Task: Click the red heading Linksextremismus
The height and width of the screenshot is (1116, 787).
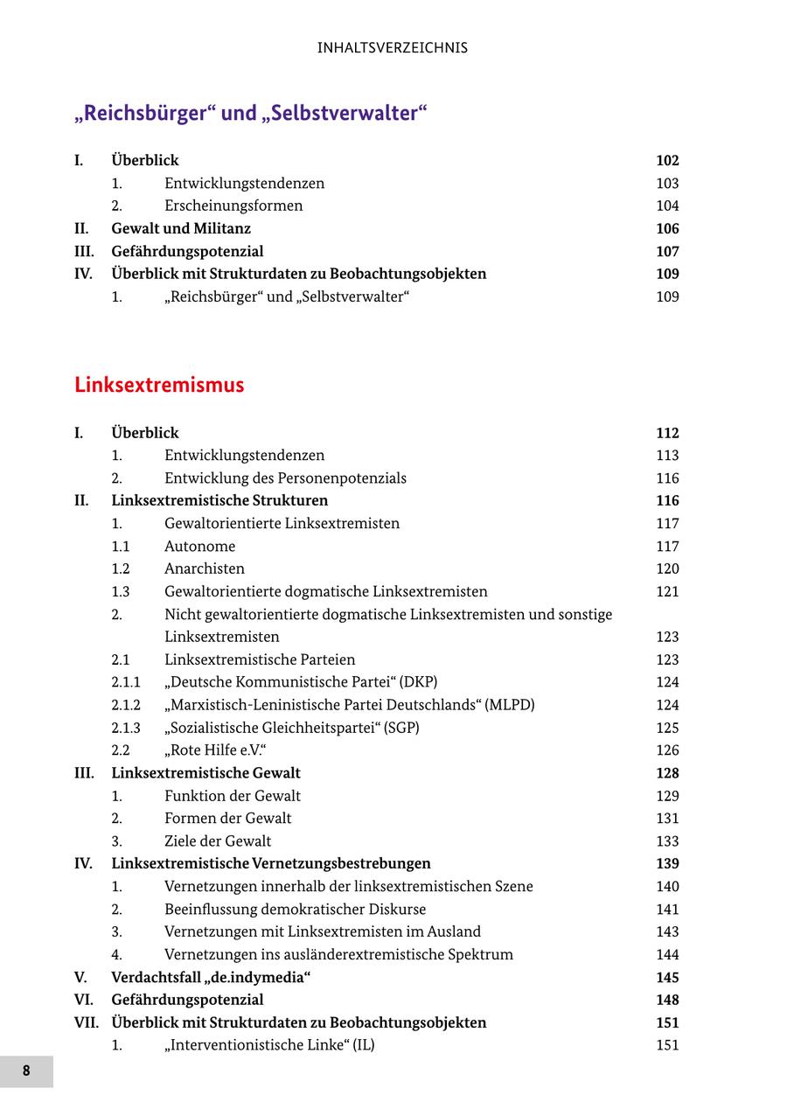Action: [x=159, y=385]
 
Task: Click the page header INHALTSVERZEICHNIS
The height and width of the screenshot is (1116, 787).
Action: [x=393, y=48]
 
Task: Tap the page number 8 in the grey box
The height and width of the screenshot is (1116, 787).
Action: [x=26, y=1071]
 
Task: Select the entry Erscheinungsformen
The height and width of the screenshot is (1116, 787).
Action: [x=233, y=206]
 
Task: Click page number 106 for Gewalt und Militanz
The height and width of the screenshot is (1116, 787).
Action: [x=667, y=228]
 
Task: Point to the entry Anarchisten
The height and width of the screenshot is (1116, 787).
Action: [x=204, y=568]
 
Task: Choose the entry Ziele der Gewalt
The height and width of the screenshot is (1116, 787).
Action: [x=218, y=841]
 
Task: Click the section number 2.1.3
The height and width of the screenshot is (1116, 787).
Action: [x=126, y=728]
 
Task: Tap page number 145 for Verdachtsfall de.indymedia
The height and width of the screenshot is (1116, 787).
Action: [x=667, y=978]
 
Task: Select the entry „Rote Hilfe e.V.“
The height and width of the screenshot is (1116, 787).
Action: [x=215, y=750]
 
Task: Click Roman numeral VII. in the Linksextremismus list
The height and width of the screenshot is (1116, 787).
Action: [x=87, y=1022]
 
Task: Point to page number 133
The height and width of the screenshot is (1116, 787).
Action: [x=667, y=841]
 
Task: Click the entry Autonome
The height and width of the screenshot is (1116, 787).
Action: [x=199, y=547]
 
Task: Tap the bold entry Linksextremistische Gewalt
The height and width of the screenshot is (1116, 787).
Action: [x=205, y=773]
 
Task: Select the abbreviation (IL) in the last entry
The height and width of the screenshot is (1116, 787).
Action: [x=363, y=1045]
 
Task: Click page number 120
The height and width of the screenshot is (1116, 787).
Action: [x=667, y=568]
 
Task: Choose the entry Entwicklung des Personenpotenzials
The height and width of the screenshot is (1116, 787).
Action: [x=285, y=478]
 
